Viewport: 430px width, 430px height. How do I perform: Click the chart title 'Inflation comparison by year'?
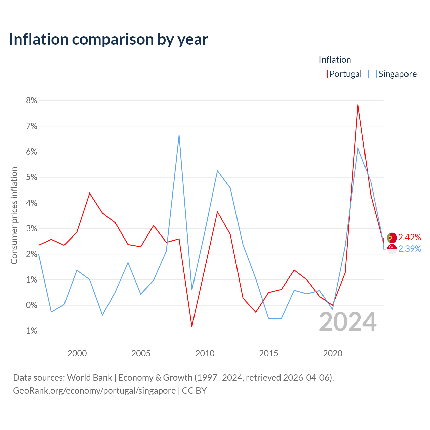(109, 39)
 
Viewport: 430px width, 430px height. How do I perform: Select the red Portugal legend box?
(323, 74)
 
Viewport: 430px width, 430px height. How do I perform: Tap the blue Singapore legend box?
(372, 74)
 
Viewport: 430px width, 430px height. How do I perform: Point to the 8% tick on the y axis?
(31, 101)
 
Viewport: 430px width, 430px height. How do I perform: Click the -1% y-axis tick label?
(30, 331)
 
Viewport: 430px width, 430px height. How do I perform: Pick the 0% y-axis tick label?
(31, 305)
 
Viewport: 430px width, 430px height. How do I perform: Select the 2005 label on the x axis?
(141, 353)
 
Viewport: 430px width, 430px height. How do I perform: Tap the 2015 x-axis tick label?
(268, 353)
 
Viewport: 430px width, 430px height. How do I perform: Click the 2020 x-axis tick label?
(333, 353)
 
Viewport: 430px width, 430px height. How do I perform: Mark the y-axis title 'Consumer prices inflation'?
(14, 216)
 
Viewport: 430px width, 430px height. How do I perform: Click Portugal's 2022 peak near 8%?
(358, 105)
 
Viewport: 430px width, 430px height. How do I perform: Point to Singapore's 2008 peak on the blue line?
(179, 135)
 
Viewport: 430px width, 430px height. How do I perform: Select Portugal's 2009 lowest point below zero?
(192, 326)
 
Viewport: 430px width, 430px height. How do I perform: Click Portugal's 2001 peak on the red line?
(90, 193)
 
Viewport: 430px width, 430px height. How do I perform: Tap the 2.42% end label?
(410, 237)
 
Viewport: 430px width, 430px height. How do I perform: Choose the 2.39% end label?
(410, 249)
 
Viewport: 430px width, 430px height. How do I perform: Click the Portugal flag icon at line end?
(392, 238)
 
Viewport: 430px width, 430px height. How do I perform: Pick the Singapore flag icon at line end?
(392, 249)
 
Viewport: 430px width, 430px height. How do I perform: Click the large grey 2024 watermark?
(348, 322)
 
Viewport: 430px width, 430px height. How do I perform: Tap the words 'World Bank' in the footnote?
(89, 378)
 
